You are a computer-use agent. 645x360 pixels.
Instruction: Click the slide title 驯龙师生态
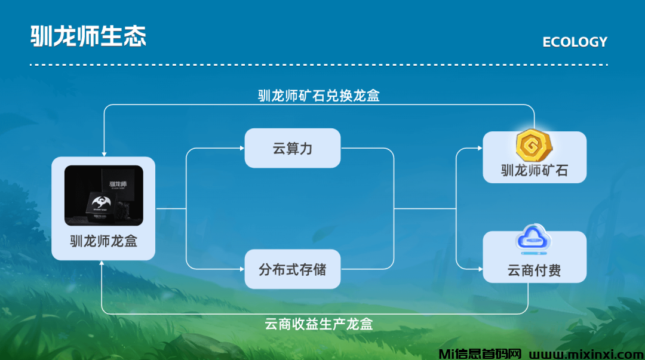tap(88, 36)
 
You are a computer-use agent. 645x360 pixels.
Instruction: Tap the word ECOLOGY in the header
tap(575, 42)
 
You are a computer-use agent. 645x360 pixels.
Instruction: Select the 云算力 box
tap(292, 148)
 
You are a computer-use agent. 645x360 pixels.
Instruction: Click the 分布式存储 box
tap(292, 269)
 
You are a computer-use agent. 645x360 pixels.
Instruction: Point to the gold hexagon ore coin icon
tap(535, 145)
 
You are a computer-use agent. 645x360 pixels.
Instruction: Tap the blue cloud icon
tap(534, 242)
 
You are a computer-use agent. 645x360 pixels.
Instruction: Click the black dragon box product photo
tap(104, 196)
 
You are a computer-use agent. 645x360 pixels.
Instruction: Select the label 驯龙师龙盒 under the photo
tap(104, 242)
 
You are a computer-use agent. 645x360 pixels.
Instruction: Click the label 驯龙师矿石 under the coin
tap(535, 171)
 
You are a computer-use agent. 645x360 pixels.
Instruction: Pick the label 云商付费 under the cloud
tap(535, 270)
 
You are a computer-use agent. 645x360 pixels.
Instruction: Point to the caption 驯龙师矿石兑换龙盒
tap(319, 96)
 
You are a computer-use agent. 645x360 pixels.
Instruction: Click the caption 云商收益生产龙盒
tap(319, 324)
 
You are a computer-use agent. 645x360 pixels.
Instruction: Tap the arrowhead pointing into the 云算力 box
tap(241, 149)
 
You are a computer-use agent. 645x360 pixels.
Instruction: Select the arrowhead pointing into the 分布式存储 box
tap(241, 269)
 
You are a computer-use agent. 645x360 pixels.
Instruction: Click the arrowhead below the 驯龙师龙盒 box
tap(104, 264)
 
